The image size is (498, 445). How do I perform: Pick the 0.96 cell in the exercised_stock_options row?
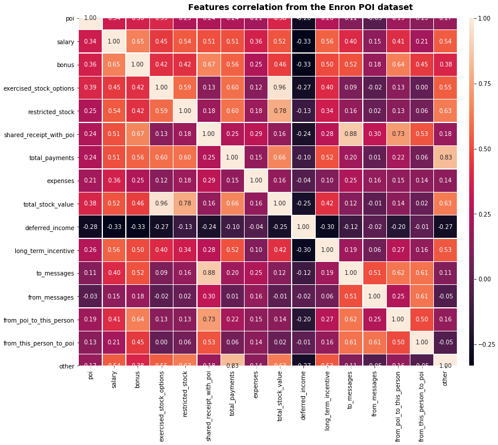278,88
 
